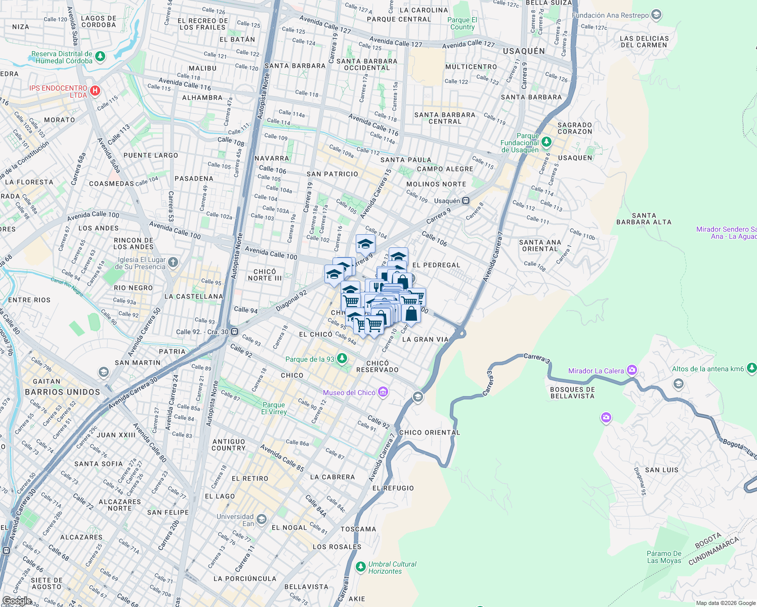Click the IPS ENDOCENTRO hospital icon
(95, 92)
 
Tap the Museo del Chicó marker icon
(383, 392)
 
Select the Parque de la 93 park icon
(342, 359)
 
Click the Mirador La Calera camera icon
(632, 370)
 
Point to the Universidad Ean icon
(261, 519)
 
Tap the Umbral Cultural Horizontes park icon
(360, 567)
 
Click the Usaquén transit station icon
(466, 201)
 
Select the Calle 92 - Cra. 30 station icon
(234, 332)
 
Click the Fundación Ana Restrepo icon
(656, 15)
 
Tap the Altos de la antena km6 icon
(751, 368)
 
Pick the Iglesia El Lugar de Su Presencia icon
(173, 262)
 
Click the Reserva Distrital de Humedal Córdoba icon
(100, 56)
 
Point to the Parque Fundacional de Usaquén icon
(546, 142)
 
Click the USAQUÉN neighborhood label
(524, 51)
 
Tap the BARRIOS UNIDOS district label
(63, 392)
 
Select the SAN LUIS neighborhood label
(661, 470)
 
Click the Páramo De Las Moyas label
(664, 557)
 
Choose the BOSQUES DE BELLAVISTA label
(572, 393)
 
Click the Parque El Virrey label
(274, 408)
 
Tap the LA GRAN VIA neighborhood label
(425, 339)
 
